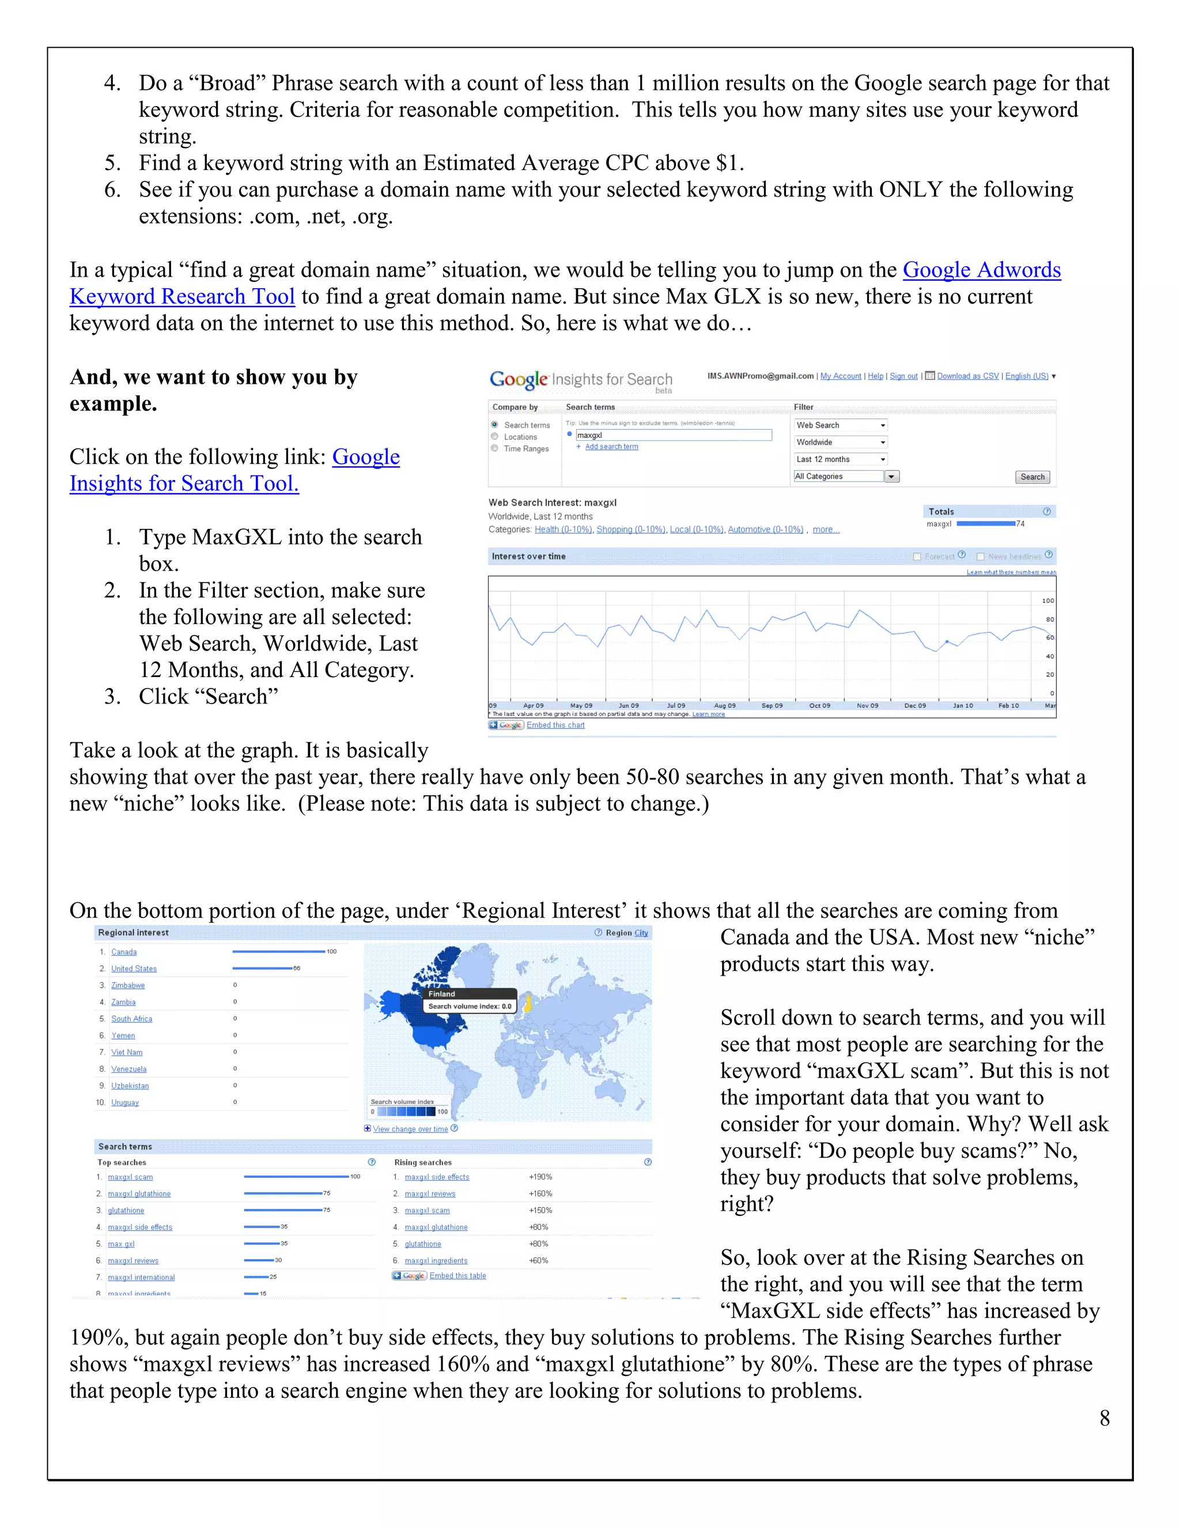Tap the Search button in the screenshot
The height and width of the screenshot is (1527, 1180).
pos(1032,477)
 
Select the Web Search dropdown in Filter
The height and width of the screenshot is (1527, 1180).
pos(840,425)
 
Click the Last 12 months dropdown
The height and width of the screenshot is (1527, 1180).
pos(840,459)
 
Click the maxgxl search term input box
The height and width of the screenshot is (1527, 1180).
pos(672,435)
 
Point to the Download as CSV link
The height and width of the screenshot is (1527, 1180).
pos(967,376)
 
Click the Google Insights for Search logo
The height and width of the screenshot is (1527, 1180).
pos(580,380)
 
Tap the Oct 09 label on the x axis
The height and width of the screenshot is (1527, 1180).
pos(819,705)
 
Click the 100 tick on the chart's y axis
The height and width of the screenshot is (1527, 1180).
pos(1047,600)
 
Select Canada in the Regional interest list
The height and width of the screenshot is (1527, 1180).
pos(124,953)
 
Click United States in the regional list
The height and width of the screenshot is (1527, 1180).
pos(134,969)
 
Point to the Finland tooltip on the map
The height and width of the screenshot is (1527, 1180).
pos(469,1000)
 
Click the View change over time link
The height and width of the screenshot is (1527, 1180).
pos(410,1129)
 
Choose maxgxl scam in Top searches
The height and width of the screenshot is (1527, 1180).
pos(130,1177)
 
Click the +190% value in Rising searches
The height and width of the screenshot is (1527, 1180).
pos(540,1177)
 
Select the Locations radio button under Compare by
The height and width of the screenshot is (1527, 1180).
pos(495,437)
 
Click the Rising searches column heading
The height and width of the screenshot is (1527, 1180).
pos(422,1163)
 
